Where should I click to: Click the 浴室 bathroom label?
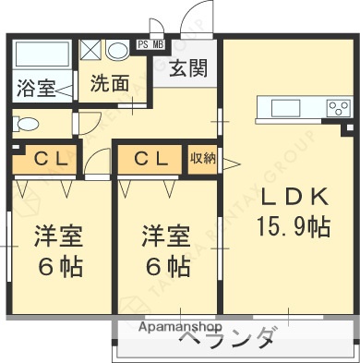pyautogui.click(x=35, y=89)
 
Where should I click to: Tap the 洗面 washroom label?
pyautogui.click(x=109, y=82)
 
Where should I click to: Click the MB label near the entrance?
pyautogui.click(x=158, y=43)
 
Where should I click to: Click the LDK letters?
pyautogui.click(x=293, y=198)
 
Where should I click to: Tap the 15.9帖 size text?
pyautogui.click(x=293, y=225)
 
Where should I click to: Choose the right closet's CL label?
pyautogui.click(x=150, y=158)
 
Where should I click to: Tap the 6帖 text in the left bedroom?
pyautogui.click(x=58, y=268)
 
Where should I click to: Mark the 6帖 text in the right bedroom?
pyautogui.click(x=165, y=268)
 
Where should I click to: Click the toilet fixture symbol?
pyautogui.click(x=27, y=122)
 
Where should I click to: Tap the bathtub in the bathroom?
pyautogui.click(x=42, y=54)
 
